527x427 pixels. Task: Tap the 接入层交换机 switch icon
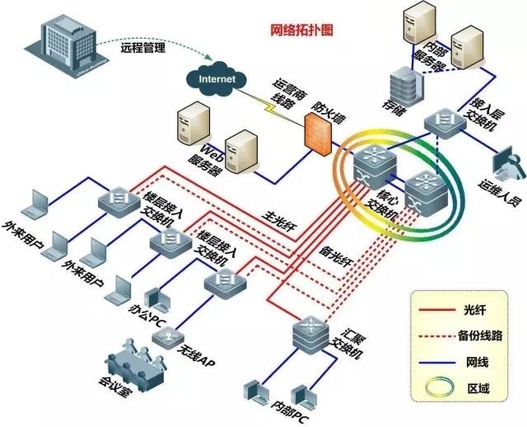coord(445,124)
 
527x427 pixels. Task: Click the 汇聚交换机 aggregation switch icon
coord(309,334)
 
